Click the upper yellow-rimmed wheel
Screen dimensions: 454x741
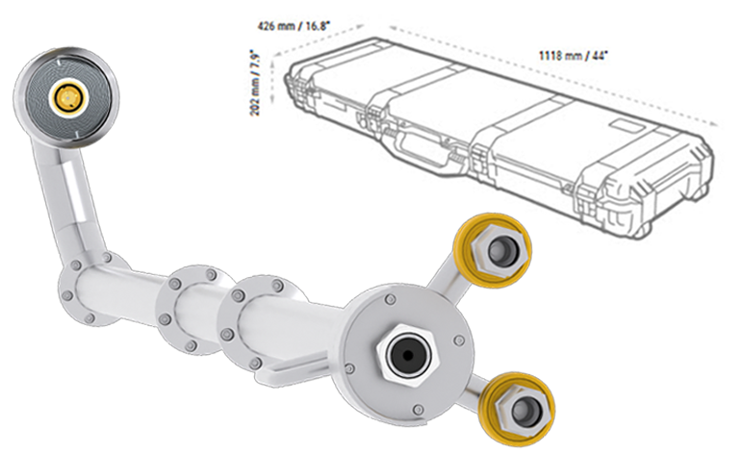click(495, 248)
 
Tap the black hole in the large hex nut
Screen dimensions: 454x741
click(402, 355)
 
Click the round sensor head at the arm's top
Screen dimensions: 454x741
click(66, 94)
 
